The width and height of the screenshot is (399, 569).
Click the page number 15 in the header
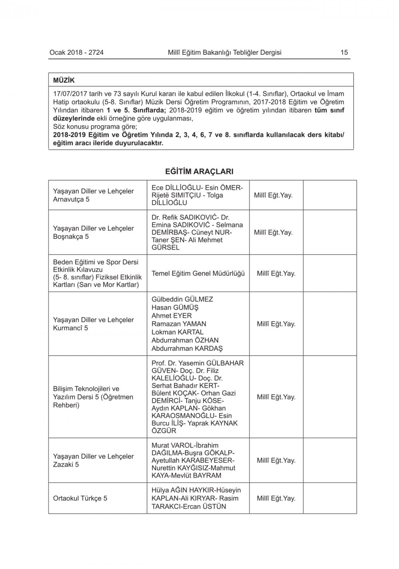[x=344, y=52]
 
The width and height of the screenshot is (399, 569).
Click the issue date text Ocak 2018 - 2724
[x=76, y=52]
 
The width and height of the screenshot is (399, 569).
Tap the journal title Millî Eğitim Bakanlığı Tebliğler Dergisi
[x=225, y=52]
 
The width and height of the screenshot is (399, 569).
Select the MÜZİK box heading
[x=64, y=80]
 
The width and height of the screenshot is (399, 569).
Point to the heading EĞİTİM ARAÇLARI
[x=199, y=171]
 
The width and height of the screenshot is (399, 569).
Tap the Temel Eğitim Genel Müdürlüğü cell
[x=198, y=274]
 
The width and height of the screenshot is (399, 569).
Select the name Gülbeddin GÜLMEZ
[x=182, y=299]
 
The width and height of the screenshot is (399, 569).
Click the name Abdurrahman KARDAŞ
[x=187, y=348]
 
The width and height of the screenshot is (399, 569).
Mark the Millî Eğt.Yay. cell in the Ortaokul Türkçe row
[x=276, y=498]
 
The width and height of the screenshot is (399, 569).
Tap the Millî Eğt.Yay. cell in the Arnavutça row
[x=273, y=195]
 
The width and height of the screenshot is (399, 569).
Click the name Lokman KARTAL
[x=178, y=332]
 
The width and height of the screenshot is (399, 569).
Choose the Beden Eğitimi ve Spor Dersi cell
[x=97, y=273]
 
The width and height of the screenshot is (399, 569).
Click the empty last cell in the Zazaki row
[x=330, y=460]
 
